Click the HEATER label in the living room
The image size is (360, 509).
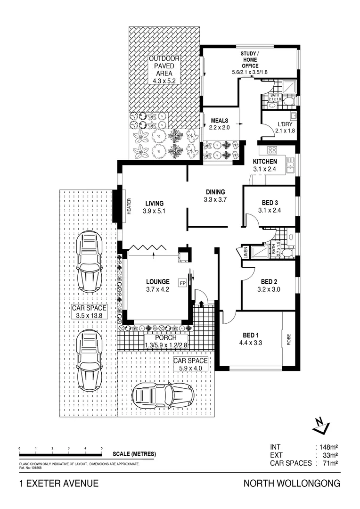pyautogui.click(x=129, y=206)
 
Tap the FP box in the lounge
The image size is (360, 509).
pyautogui.click(x=182, y=283)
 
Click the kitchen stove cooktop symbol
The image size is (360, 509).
pyautogui.click(x=273, y=150)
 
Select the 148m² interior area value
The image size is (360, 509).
pyautogui.click(x=328, y=447)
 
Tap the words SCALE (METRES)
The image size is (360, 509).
pyautogui.click(x=134, y=454)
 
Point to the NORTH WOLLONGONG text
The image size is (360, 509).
pyautogui.click(x=291, y=484)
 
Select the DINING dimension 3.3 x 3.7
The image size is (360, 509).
pyautogui.click(x=215, y=200)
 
